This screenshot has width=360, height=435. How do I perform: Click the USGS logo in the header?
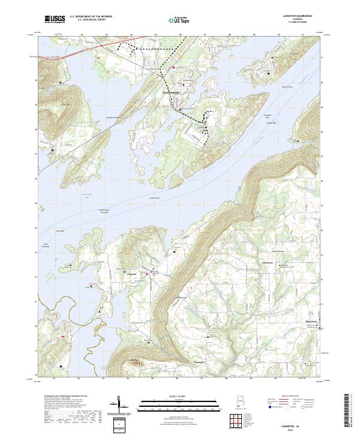[55, 19]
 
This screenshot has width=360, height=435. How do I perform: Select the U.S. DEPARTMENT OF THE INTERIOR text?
[91, 17]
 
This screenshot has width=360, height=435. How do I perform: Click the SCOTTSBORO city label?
[171, 93]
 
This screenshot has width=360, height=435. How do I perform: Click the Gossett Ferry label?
[278, 88]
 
